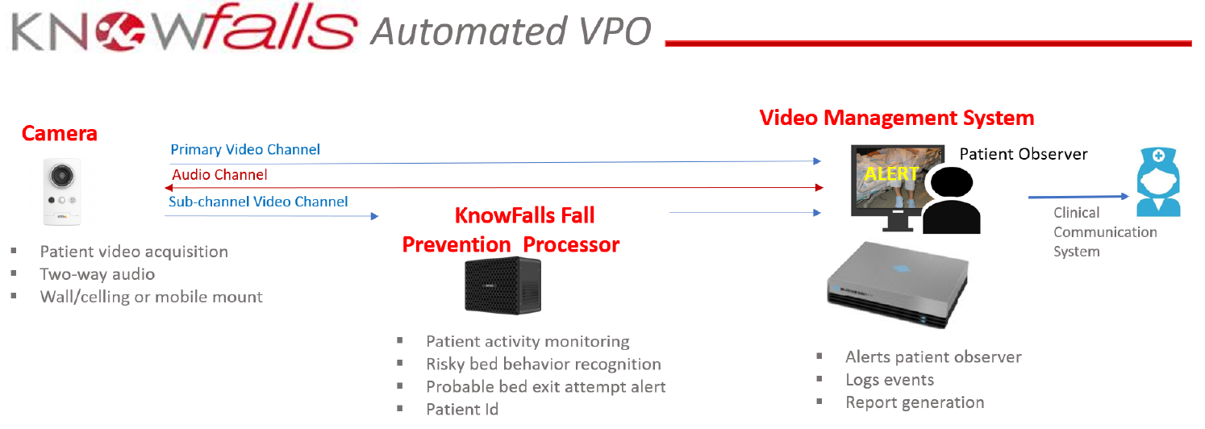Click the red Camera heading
[59, 133]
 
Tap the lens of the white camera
[62, 175]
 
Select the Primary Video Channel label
[244, 149]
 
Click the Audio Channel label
[219, 175]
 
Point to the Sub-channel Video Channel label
[258, 202]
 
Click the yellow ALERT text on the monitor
[891, 173]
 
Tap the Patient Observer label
[1024, 154]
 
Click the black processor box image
[503, 285]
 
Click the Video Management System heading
[897, 118]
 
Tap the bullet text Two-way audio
[98, 274]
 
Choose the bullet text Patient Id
[462, 410]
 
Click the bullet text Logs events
[890, 380]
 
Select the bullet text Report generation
[915, 402]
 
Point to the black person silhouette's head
[952, 182]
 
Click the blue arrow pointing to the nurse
[1078, 197]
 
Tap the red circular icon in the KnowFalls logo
[120, 31]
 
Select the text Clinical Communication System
[1105, 232]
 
